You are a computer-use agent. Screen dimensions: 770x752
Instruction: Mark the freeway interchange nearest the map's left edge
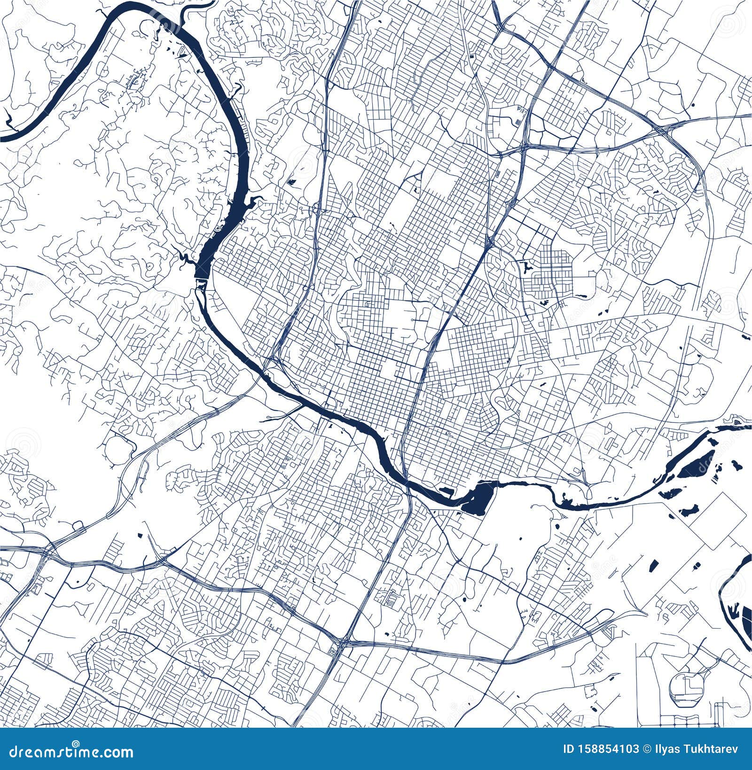49,549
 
